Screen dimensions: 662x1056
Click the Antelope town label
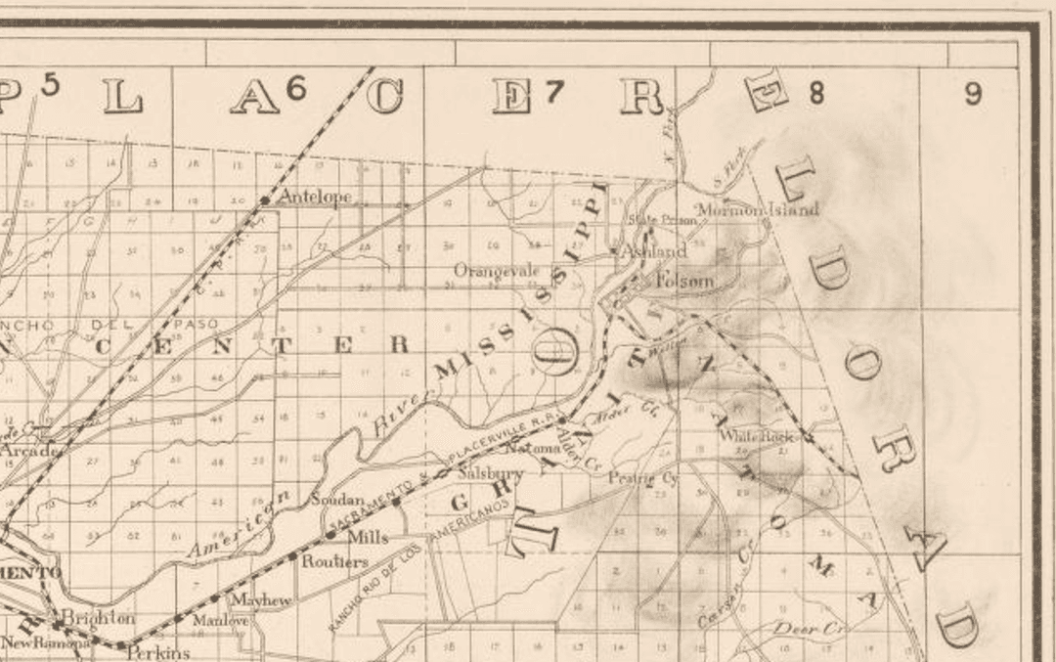point(314,197)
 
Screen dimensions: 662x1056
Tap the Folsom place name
point(684,281)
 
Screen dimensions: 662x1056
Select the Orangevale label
point(497,269)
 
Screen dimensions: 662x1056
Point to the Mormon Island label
point(757,208)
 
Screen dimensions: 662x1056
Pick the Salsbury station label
point(491,472)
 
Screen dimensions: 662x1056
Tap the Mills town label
point(368,537)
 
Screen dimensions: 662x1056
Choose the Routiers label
point(334,561)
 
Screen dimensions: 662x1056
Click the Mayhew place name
point(260,599)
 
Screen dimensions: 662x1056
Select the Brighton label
point(99,618)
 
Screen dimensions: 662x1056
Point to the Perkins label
point(157,652)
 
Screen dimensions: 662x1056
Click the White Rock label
point(757,437)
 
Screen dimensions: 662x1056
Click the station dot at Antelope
point(265,200)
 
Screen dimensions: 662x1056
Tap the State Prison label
point(663,220)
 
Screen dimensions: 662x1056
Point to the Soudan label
point(337,499)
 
